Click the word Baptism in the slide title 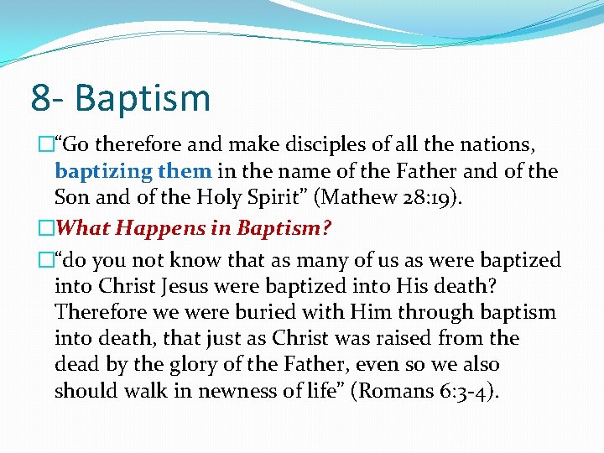pyautogui.click(x=143, y=98)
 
